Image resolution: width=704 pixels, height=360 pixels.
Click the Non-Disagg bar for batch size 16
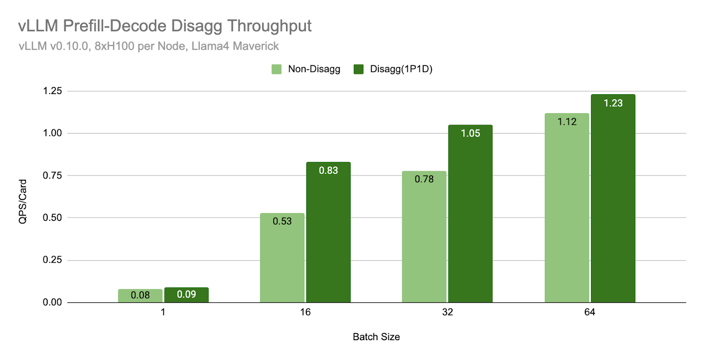(282, 260)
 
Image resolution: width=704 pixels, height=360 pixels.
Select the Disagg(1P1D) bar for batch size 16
(328, 233)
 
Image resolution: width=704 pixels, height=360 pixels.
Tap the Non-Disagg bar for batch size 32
(424, 238)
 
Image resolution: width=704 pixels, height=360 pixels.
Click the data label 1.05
(470, 133)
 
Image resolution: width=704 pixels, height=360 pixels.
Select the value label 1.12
(567, 122)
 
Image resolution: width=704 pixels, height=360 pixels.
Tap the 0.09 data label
(187, 294)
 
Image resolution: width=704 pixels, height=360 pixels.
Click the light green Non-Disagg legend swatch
(276, 69)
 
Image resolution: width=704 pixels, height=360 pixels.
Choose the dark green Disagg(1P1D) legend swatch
(359, 69)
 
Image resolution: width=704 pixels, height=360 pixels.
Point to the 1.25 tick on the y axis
(52, 91)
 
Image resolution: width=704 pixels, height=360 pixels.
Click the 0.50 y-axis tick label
(52, 217)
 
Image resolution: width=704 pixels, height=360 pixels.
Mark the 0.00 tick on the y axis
(52, 302)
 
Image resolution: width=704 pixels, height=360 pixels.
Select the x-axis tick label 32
(447, 312)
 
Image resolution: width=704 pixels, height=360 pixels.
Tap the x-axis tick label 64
(590, 312)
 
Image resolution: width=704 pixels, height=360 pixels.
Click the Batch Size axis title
(376, 337)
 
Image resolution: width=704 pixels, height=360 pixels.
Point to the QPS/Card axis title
(23, 201)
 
